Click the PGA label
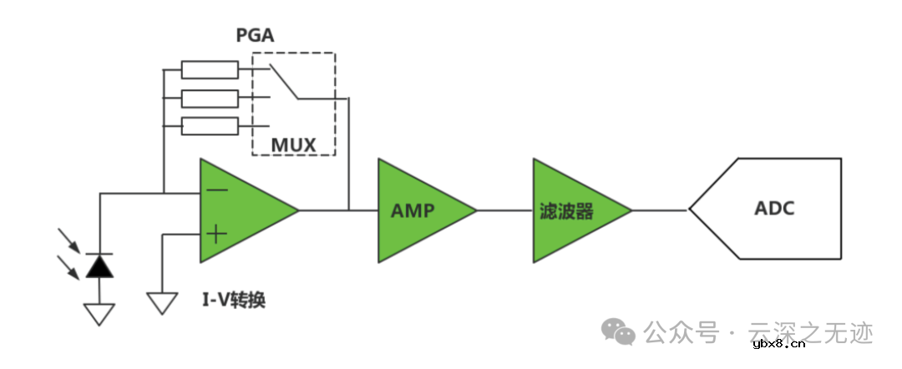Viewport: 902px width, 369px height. click(256, 36)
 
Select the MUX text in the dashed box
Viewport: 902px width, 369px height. click(293, 145)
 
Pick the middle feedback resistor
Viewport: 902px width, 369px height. click(209, 99)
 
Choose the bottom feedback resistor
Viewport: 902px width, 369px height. click(209, 127)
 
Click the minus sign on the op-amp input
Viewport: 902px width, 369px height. click(217, 190)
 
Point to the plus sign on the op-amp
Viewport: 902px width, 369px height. click(216, 234)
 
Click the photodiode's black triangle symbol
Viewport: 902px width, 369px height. click(99, 265)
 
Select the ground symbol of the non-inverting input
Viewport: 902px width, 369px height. click(162, 302)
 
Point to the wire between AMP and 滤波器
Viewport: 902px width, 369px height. click(504, 210)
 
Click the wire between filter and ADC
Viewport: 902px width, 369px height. click(660, 210)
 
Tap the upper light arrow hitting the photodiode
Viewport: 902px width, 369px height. click(71, 240)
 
